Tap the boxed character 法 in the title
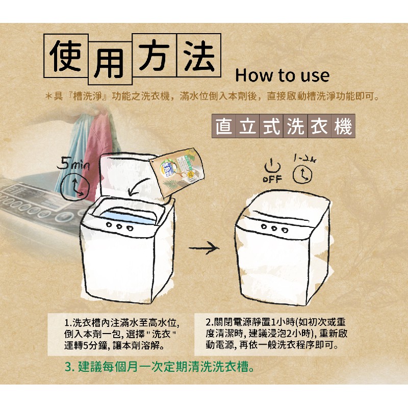pyautogui.click(x=199, y=56)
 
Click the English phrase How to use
pyautogui.click(x=283, y=75)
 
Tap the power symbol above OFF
pyautogui.click(x=272, y=165)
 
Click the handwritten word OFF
pyautogui.click(x=272, y=179)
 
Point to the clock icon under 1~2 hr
pyautogui.click(x=302, y=174)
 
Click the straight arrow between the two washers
pyautogui.click(x=204, y=248)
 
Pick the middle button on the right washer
pyautogui.click(x=274, y=228)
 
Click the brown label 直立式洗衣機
pyautogui.click(x=284, y=126)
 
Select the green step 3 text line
pyautogui.click(x=159, y=367)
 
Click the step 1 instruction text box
pyautogui.click(x=119, y=335)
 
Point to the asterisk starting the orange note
pyautogui.click(x=48, y=97)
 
